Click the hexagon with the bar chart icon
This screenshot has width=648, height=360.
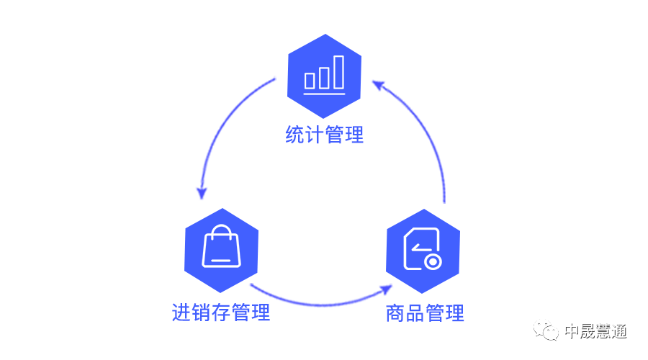point(324,76)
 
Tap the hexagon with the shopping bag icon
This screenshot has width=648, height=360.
point(221,250)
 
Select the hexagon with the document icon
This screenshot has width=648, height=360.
point(423,250)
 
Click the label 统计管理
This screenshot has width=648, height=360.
point(324,135)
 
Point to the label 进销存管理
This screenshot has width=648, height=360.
point(221,312)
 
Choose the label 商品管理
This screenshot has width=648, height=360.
point(425,313)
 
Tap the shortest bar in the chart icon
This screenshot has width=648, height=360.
point(310,80)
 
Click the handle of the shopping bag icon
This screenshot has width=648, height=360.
point(221,234)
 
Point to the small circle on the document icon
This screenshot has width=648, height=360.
point(432,262)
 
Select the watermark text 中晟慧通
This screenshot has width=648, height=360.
point(595,331)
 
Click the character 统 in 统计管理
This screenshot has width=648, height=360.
point(294,135)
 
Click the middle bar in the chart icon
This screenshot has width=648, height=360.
point(325,77)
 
